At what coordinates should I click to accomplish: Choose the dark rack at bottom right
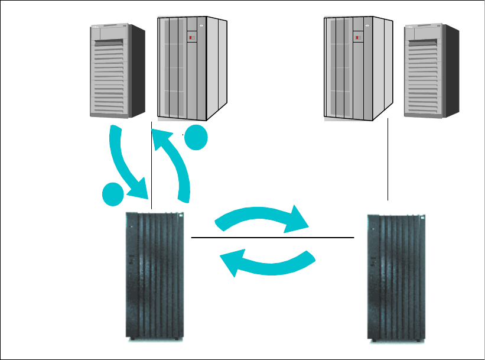395,275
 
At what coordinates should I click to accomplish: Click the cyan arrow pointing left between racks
266,262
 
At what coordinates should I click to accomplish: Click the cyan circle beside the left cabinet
196,140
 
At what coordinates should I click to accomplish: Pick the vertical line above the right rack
388,160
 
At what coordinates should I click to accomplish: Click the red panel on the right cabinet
357,38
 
